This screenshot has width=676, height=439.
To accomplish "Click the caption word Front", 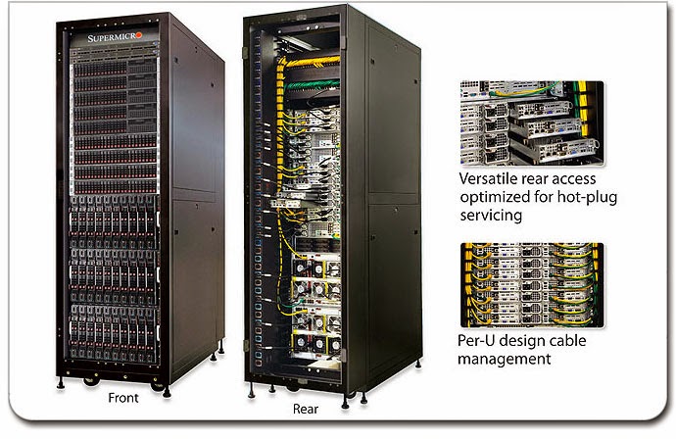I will click(x=122, y=398).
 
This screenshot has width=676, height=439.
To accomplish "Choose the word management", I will click(x=504, y=359).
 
